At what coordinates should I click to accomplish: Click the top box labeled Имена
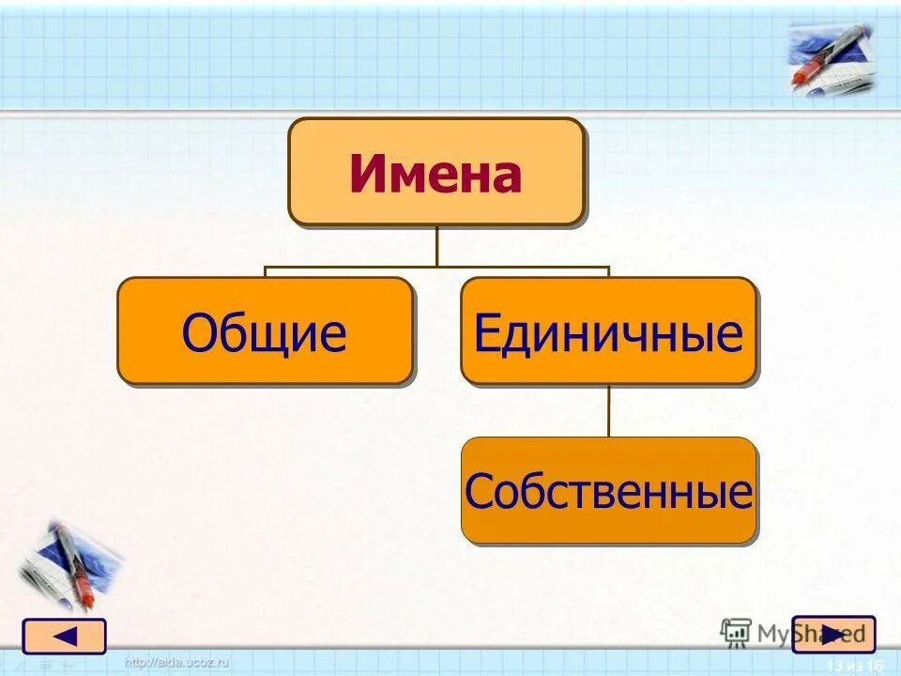tap(435, 171)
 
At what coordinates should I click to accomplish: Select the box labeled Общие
tap(265, 330)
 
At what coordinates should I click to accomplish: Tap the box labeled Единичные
tap(608, 330)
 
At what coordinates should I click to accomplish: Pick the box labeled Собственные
tap(608, 490)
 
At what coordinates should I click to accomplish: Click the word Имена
tap(435, 175)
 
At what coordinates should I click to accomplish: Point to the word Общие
tap(265, 333)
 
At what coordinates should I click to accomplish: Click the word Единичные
tap(608, 333)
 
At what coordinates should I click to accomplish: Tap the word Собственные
tap(608, 491)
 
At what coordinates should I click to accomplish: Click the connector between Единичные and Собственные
tap(608, 410)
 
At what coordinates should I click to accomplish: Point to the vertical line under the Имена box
tap(436, 246)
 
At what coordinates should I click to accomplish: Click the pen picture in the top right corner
tap(830, 58)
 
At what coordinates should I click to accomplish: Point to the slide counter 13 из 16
tap(855, 666)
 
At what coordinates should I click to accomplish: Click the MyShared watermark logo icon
tap(736, 632)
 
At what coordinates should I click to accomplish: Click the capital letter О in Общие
tap(198, 333)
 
